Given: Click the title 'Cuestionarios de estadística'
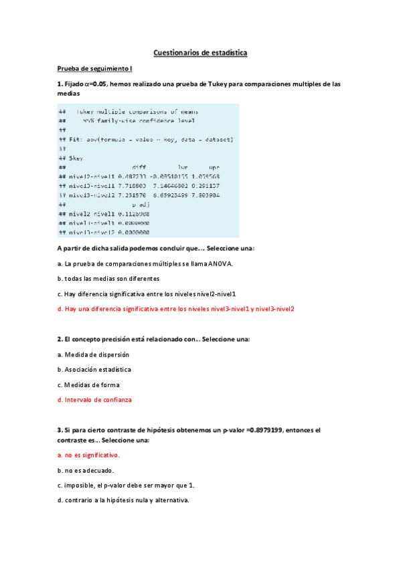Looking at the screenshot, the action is pos(200,52).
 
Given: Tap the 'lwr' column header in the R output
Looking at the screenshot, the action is pos(183,167).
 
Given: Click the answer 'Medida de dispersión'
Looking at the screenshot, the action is pos(96,354).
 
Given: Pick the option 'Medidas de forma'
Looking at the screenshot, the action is pos(92,384).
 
